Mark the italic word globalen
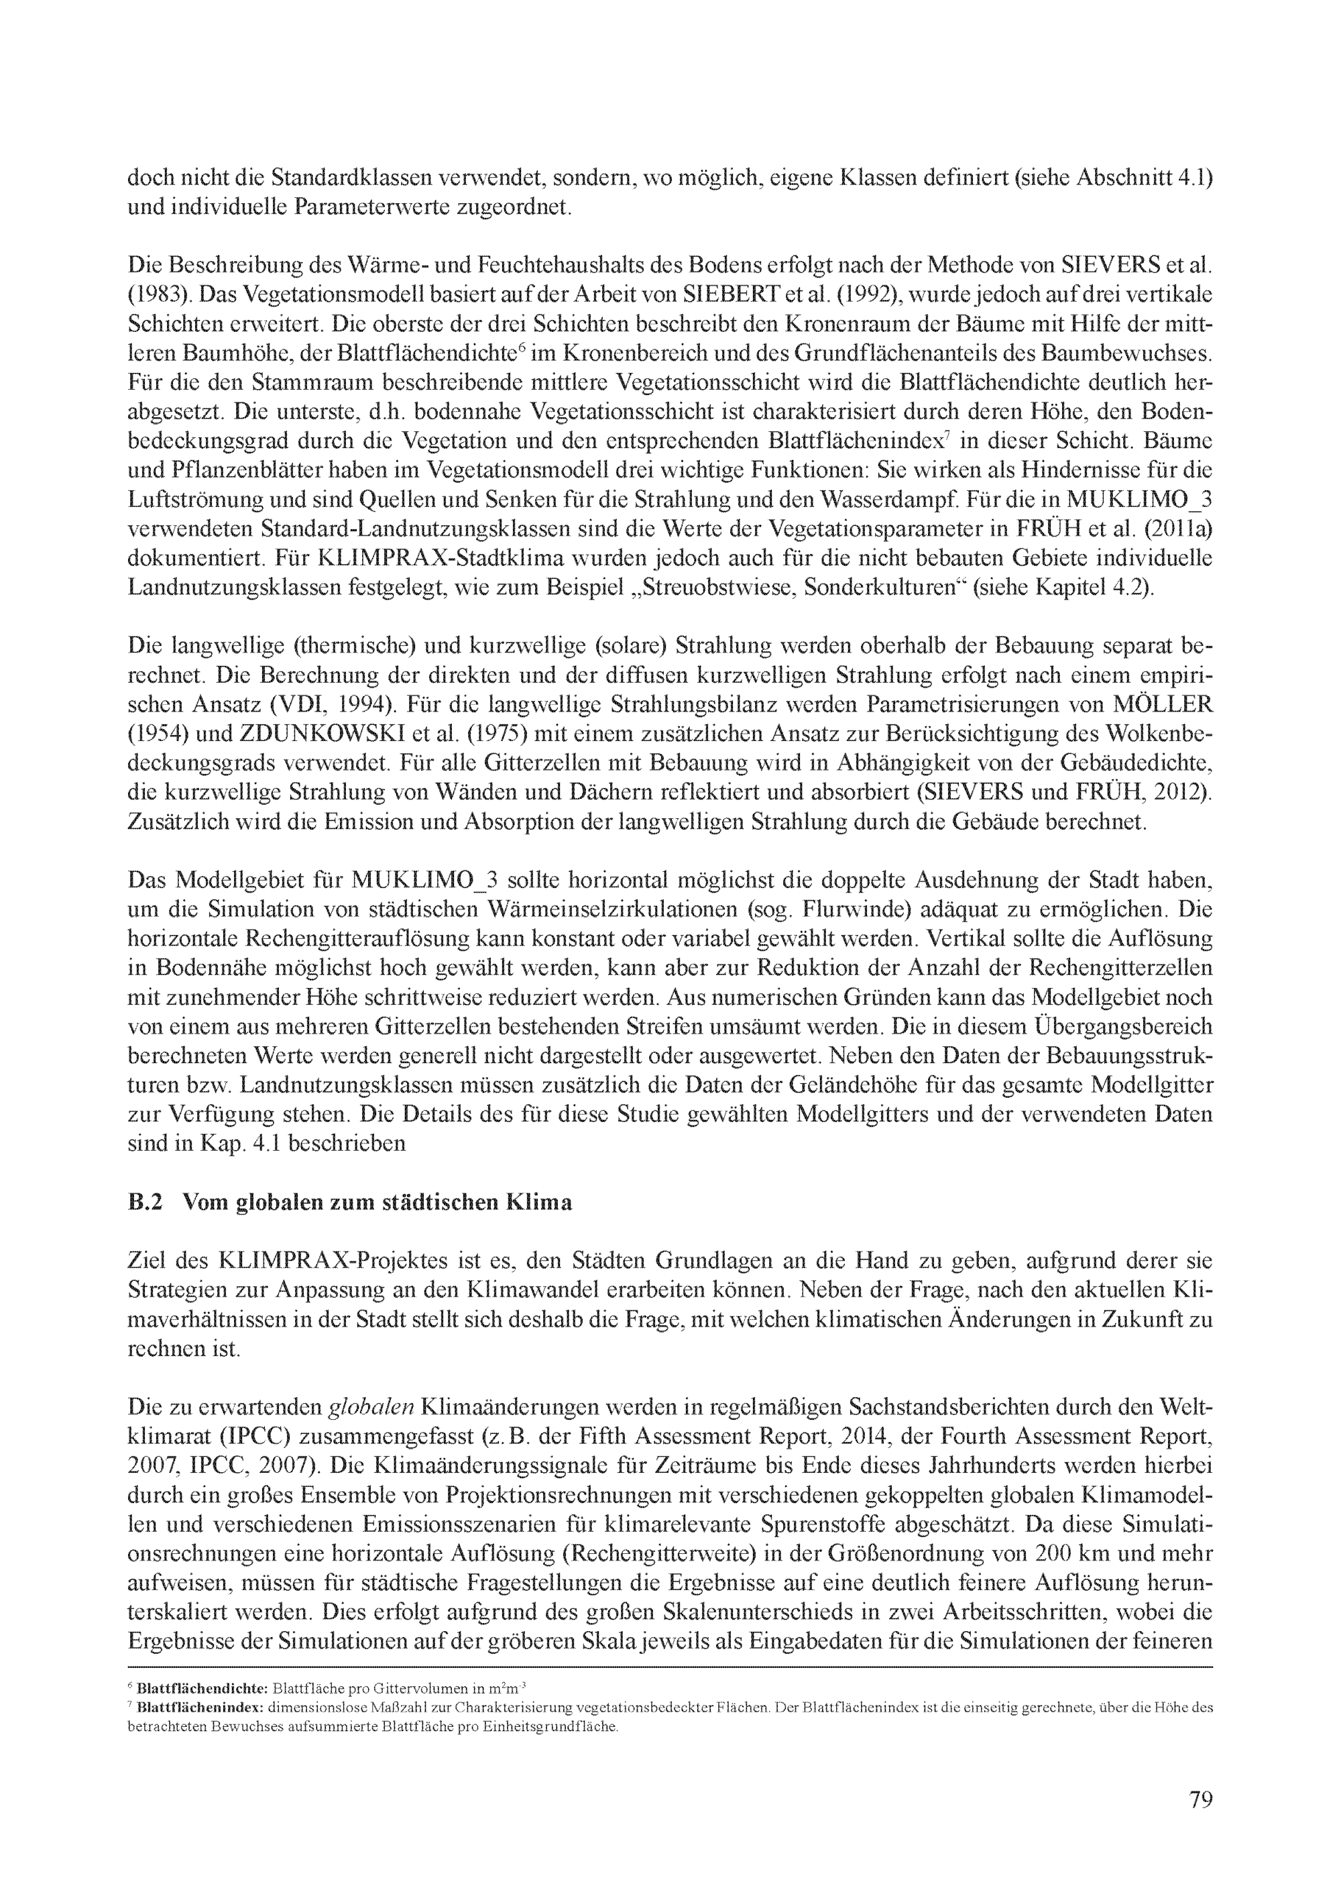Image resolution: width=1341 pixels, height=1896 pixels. click(x=371, y=1407)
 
